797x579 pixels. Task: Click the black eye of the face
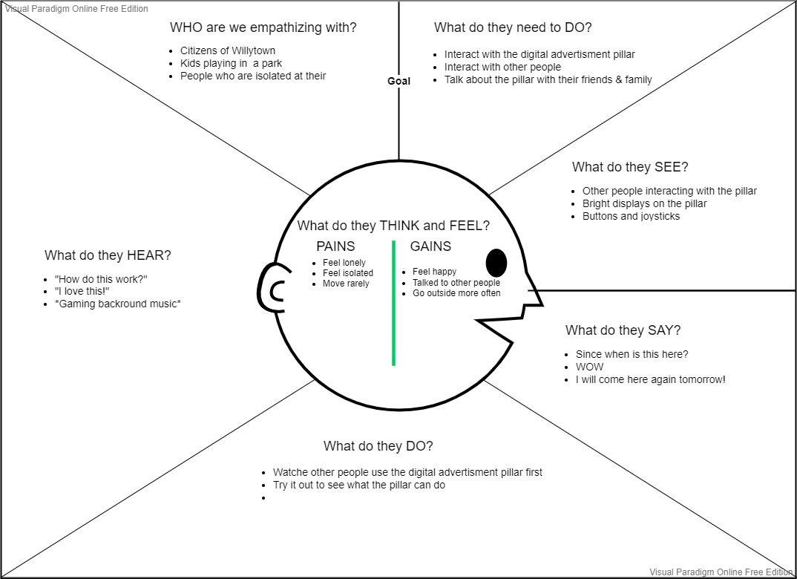[x=496, y=263]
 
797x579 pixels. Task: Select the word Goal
[x=398, y=81]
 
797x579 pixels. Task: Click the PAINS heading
[x=335, y=246]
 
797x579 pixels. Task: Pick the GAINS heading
[x=430, y=246]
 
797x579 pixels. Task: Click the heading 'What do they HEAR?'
[x=108, y=255]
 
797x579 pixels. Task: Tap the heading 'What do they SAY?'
[x=623, y=330]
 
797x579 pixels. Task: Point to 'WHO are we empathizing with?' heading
[x=263, y=28]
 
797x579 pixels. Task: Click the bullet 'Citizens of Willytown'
[x=228, y=50]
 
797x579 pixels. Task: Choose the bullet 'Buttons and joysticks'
[x=631, y=216]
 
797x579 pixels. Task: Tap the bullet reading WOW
[x=589, y=367]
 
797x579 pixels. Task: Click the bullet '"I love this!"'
[x=82, y=290]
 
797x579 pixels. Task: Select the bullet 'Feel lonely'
[x=344, y=263]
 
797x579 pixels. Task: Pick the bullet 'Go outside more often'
[x=456, y=293]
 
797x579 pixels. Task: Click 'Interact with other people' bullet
[x=502, y=67]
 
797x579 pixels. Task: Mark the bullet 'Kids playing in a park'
[x=231, y=63]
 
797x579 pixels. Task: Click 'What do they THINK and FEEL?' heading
[x=393, y=226]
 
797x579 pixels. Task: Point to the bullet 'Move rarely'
[x=346, y=284]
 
